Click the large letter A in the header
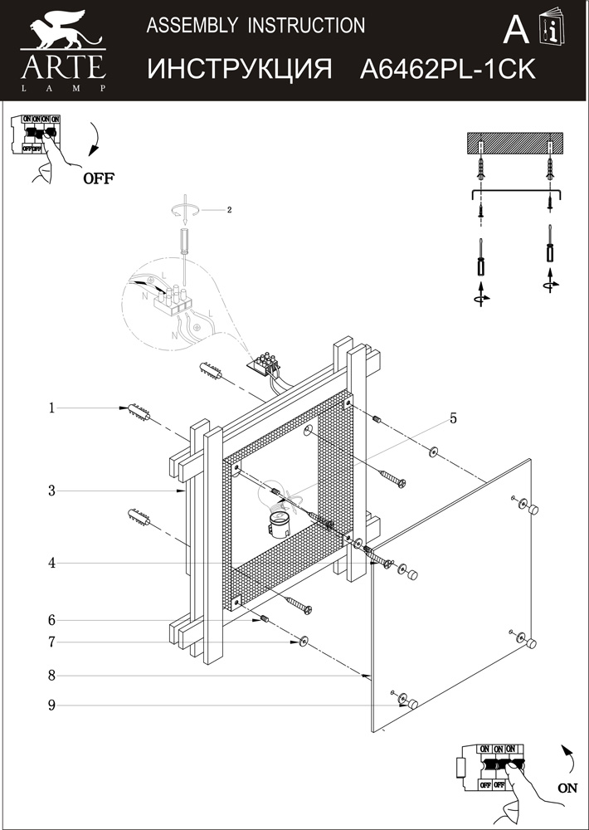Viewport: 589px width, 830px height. tap(516, 31)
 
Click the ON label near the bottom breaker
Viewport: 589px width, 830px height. tap(567, 788)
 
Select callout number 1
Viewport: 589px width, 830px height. tap(51, 408)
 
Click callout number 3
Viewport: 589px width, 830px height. tap(51, 491)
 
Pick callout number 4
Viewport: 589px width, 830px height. tap(51, 563)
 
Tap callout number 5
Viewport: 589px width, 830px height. tap(453, 418)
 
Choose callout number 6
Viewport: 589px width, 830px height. tap(51, 620)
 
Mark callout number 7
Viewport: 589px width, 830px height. tap(51, 642)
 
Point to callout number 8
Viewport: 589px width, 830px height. tap(51, 676)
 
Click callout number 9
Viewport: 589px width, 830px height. tap(51, 705)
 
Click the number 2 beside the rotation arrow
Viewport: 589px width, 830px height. tap(229, 210)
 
